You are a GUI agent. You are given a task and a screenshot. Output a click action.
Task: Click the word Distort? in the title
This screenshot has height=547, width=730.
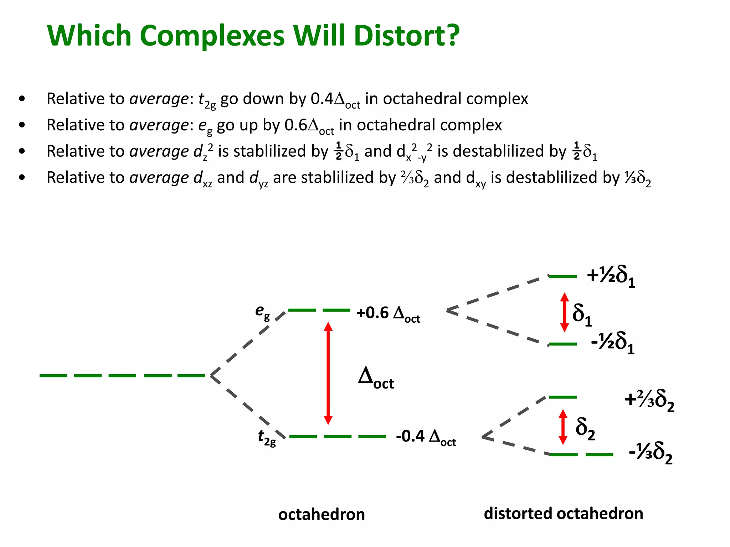click(x=407, y=36)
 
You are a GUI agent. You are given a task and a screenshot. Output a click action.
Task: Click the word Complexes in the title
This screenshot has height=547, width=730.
click(x=212, y=36)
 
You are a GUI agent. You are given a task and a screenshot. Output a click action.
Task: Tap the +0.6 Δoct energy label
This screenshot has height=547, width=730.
click(x=388, y=313)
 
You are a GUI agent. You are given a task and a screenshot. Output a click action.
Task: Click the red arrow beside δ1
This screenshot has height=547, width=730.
click(x=564, y=312)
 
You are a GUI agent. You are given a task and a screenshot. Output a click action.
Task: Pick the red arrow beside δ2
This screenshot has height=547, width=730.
click(x=563, y=427)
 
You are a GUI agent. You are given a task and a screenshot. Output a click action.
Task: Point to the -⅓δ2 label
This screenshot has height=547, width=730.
click(x=650, y=453)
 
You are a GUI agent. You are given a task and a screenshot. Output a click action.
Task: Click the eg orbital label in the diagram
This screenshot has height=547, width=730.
click(x=262, y=312)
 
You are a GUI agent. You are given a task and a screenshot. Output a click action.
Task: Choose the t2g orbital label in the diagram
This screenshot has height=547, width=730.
click(x=267, y=437)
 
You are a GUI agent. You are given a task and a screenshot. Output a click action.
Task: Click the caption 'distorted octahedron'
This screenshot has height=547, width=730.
click(x=563, y=514)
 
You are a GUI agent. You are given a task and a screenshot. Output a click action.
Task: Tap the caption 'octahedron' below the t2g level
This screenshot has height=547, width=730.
click(x=322, y=515)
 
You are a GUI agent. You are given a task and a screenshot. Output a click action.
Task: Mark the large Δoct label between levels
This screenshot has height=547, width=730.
click(x=376, y=378)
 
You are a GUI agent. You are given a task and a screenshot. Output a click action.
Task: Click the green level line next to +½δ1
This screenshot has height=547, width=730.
click(x=563, y=276)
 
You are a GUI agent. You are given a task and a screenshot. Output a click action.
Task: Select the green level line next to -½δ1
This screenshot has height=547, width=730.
click(x=563, y=344)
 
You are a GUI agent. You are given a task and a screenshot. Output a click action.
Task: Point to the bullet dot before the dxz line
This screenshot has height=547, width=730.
click(x=22, y=177)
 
